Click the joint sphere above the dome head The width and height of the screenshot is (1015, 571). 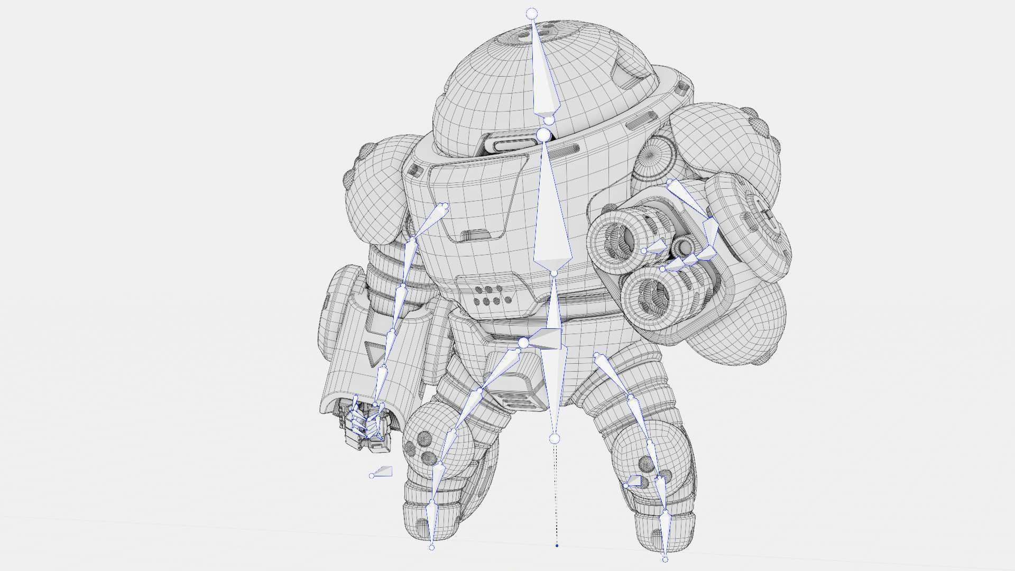532,13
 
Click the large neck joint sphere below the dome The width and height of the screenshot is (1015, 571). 543,136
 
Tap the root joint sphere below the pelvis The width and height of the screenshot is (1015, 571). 554,439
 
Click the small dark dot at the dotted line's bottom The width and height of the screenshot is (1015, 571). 557,545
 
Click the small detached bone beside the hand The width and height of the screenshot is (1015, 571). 382,472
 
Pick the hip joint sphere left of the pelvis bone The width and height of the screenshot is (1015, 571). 523,344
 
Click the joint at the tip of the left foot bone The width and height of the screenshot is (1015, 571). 431,547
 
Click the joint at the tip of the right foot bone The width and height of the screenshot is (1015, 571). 665,559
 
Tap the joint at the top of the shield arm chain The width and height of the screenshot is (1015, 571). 445,206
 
